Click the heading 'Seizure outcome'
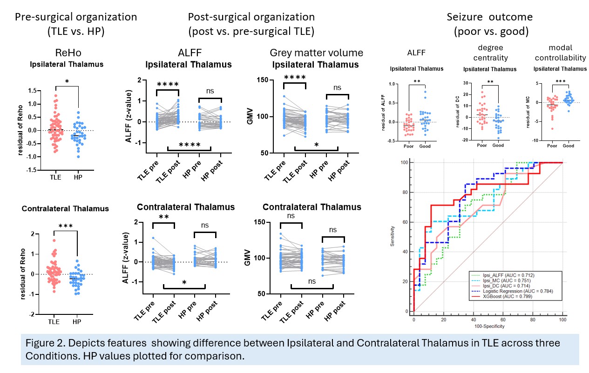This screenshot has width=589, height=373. [489, 17]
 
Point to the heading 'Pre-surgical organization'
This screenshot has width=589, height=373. [76, 17]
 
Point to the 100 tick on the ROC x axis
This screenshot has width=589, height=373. [562, 321]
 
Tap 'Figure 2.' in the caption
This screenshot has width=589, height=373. [44, 342]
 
